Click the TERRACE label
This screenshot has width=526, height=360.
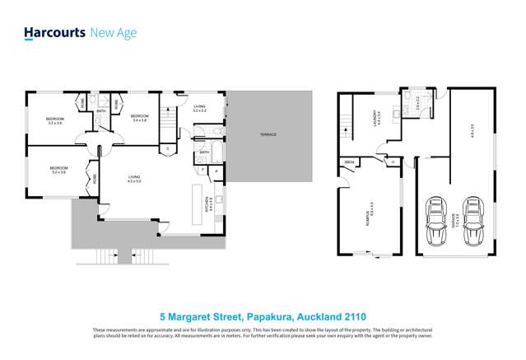pyautogui.click(x=268, y=134)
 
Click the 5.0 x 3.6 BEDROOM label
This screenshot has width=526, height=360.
pyautogui.click(x=59, y=171)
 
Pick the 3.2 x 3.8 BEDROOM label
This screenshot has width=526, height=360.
pyautogui.click(x=54, y=122)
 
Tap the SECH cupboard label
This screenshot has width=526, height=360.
pyautogui.click(x=349, y=161)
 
